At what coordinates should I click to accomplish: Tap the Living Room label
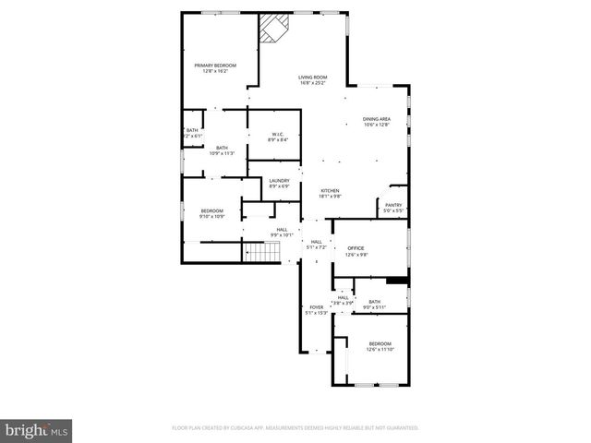[x=313, y=79]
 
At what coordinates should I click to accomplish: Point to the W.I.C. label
[x=278, y=137]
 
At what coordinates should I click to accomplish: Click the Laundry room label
[x=279, y=184]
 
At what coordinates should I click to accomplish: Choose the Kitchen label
[x=330, y=193]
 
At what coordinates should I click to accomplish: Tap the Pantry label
[x=393, y=208]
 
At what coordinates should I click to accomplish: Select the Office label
[x=356, y=251]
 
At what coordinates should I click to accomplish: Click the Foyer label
[x=317, y=309]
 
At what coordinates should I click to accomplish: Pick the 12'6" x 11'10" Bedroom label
[x=380, y=346]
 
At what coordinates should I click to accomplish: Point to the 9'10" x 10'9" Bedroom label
[x=212, y=214]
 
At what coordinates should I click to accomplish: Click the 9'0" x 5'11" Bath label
[x=374, y=304]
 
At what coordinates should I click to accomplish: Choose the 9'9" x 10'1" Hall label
[x=282, y=233]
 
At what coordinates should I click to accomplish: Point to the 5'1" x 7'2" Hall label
[x=317, y=244]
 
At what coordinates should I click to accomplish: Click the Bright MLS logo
[x=37, y=429]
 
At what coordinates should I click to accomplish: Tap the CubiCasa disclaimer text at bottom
[x=295, y=428]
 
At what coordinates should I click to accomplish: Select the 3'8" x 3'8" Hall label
[x=344, y=300]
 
